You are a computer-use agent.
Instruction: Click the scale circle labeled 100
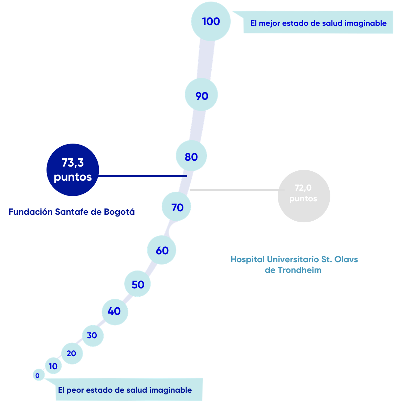(211, 21)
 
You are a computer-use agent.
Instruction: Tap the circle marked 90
(201, 95)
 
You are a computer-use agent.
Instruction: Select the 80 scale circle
(191, 156)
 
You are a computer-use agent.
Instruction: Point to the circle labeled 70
(176, 206)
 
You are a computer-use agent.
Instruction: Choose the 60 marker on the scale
(162, 250)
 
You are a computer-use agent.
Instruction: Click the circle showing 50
(137, 284)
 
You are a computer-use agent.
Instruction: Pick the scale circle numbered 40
(115, 312)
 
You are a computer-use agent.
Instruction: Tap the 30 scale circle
(93, 336)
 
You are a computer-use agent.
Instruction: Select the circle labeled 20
(72, 353)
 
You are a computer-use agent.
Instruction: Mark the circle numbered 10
(53, 366)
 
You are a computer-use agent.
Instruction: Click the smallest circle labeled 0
(39, 375)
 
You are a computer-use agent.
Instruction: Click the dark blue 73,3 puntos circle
(73, 170)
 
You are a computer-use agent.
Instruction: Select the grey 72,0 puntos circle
(304, 196)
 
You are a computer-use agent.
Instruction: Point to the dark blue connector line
(142, 176)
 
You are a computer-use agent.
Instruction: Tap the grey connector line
(237, 190)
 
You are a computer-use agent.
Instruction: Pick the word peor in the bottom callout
(75, 390)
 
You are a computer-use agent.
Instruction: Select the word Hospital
(248, 260)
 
